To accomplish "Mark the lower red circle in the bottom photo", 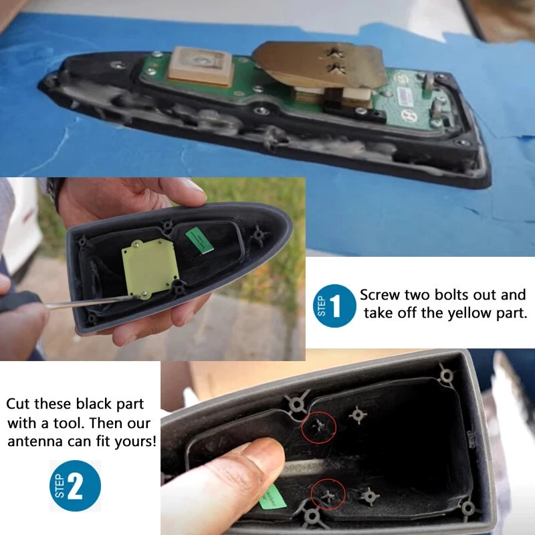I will (x=328, y=496).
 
